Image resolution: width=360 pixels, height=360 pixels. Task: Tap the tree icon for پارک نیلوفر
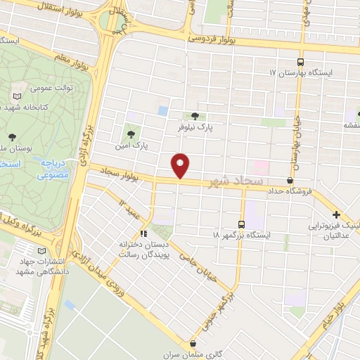coord(195,117)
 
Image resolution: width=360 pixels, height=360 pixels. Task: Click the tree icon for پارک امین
coord(129,131)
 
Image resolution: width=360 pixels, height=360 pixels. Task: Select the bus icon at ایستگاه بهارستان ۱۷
coord(301,61)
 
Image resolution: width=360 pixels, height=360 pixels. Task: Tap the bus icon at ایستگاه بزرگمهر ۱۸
coord(242,224)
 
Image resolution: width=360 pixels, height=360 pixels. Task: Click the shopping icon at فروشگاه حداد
coord(290,180)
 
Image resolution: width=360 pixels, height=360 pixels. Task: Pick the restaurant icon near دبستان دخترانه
coord(143,234)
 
